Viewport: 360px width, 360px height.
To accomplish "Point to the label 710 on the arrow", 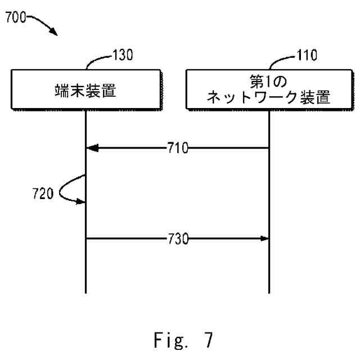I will [177, 148].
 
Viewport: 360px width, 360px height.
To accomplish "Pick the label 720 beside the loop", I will [43, 195].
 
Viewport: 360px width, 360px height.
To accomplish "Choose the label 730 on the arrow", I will [177, 239].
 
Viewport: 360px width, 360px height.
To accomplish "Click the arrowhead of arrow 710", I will [92, 148].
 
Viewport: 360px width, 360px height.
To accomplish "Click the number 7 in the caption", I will [209, 340].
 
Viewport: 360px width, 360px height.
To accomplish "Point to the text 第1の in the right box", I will [268, 82].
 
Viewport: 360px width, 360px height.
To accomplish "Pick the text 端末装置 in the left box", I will [85, 89].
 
